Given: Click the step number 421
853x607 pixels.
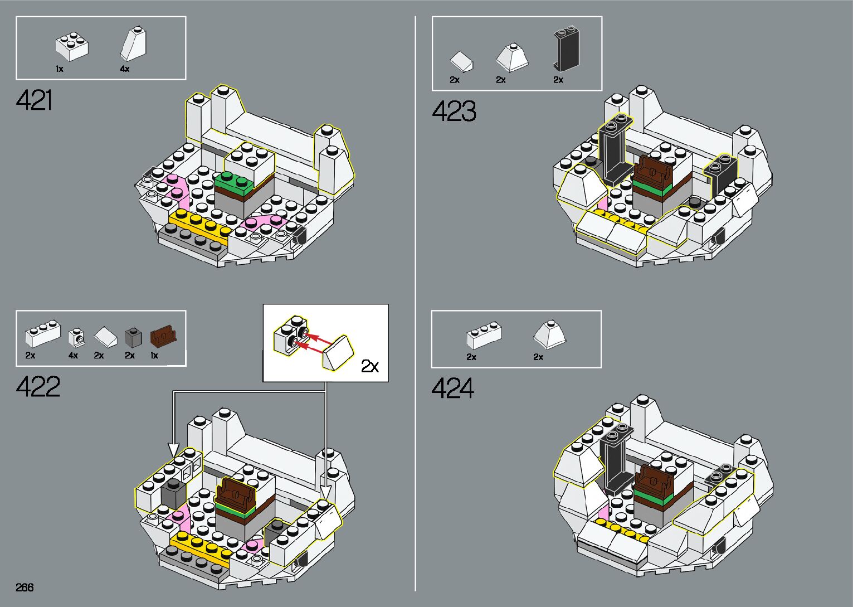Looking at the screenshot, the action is pyautogui.click(x=35, y=101).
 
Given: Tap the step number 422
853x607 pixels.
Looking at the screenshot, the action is pyautogui.click(x=38, y=387).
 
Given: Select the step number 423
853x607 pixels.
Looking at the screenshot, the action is pyautogui.click(x=454, y=111).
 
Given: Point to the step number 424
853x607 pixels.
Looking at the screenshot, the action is pyautogui.click(x=452, y=389).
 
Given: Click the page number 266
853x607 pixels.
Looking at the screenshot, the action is pyautogui.click(x=25, y=587).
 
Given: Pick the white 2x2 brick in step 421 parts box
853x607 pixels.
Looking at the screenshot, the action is pyautogui.click(x=72, y=47).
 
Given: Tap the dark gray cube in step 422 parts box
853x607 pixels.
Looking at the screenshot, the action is pyautogui.click(x=133, y=337).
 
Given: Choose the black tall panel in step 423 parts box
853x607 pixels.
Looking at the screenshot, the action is pyautogui.click(x=567, y=50).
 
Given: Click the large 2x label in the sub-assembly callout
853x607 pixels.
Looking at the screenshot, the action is pyautogui.click(x=369, y=366).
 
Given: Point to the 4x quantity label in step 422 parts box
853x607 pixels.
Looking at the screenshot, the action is pyautogui.click(x=73, y=356).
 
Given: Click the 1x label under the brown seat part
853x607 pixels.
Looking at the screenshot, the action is pyautogui.click(x=154, y=356).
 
